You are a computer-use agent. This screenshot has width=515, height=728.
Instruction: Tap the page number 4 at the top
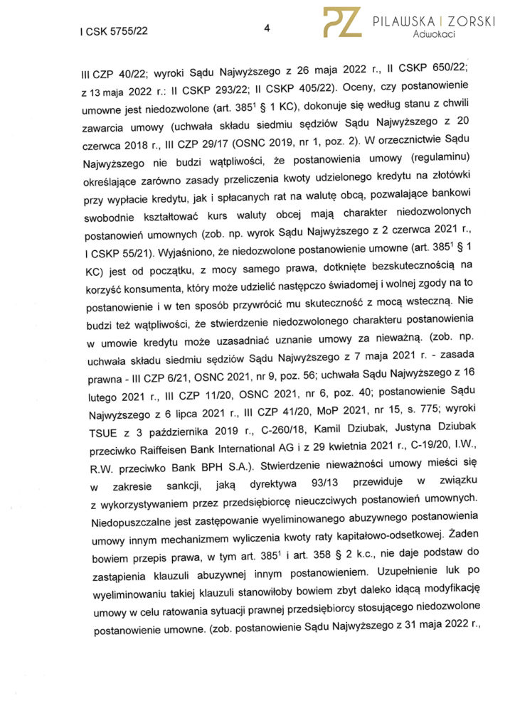click(x=266, y=28)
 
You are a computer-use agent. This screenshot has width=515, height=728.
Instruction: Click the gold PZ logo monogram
click(x=342, y=22)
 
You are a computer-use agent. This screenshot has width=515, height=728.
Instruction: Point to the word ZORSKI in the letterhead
click(x=469, y=21)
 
